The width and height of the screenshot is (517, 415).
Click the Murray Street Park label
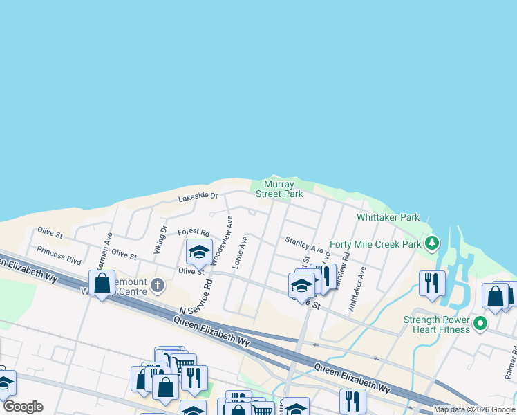(279, 190)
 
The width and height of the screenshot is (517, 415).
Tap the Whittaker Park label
(388, 217)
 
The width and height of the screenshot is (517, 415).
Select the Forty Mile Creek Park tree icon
(432, 243)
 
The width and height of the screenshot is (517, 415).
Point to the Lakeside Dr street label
(198, 197)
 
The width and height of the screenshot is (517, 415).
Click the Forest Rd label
(193, 232)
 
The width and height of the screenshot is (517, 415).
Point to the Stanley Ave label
(304, 244)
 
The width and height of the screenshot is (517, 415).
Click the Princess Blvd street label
(59, 255)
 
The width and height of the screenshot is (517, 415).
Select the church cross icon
(158, 284)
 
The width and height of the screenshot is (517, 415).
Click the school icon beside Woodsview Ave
(199, 252)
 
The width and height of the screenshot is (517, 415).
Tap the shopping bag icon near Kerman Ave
(102, 282)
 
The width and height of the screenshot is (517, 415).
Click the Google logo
(23, 407)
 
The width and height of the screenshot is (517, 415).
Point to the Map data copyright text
(473, 409)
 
